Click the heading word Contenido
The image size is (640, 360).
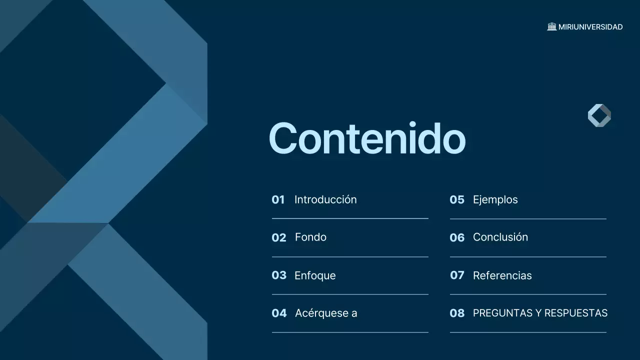point(367,138)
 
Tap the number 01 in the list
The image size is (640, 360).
point(278,200)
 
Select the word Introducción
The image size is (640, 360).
point(325,199)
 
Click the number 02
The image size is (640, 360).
point(279,237)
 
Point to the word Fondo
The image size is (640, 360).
point(310,237)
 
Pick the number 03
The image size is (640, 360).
point(279,275)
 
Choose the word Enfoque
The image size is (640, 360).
point(315,275)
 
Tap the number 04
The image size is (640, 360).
point(279,313)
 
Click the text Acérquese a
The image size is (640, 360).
point(326,313)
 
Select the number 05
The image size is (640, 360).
point(457,200)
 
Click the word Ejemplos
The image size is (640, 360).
point(495,199)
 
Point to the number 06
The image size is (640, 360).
point(457,237)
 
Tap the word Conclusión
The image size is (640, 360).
point(500,237)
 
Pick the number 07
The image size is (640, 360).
point(457,275)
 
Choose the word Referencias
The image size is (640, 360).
point(502,275)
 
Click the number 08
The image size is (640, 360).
point(457,313)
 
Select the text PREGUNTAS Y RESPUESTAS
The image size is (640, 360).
point(540,313)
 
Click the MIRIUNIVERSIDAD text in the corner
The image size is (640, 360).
point(590,27)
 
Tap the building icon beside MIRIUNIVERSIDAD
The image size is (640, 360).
point(552,26)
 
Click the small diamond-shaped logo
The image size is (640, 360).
point(599,115)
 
